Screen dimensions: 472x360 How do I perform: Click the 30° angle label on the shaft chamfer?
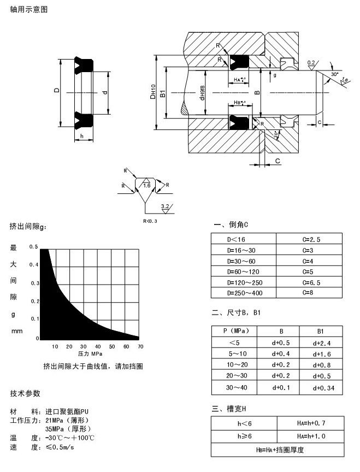click(334, 73)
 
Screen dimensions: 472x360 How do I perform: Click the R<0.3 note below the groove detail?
click(150, 221)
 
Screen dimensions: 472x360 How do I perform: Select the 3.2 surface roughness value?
click(165, 207)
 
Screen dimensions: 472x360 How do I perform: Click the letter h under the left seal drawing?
click(81, 135)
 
